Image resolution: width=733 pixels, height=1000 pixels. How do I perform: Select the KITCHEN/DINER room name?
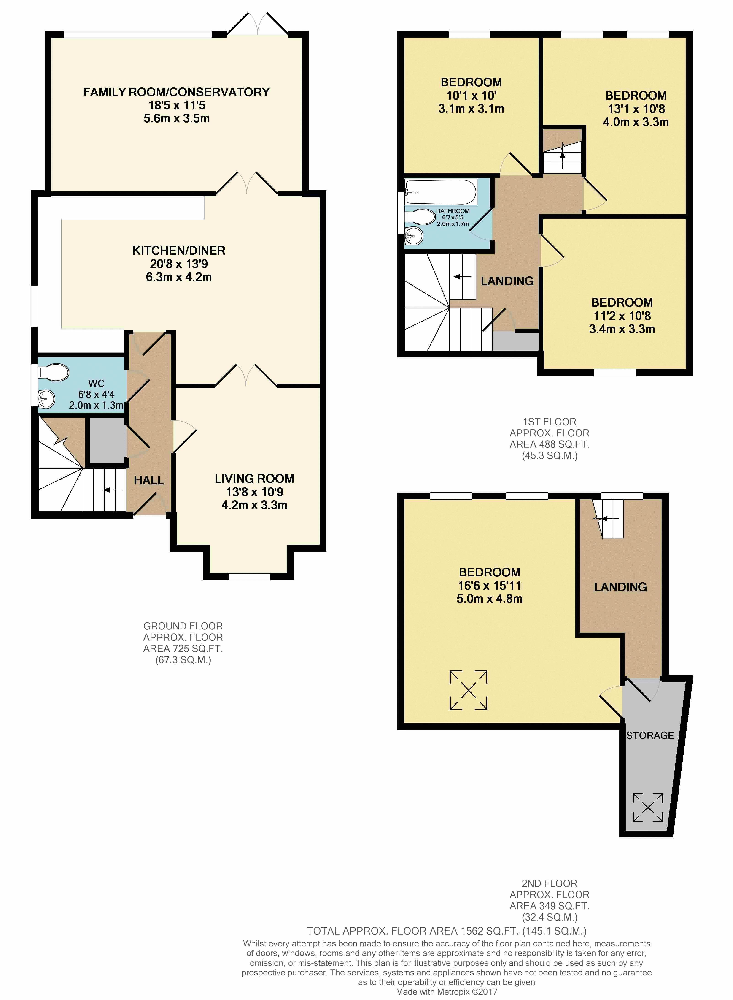point(179,251)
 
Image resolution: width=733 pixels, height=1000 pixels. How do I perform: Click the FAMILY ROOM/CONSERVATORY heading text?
point(177,92)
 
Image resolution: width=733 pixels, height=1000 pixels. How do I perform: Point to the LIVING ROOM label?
point(254,479)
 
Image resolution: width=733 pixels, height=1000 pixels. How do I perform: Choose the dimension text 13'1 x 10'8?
point(636,109)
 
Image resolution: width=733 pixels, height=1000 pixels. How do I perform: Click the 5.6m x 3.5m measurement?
point(177,119)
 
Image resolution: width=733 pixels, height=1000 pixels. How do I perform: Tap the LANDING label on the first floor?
point(507,281)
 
